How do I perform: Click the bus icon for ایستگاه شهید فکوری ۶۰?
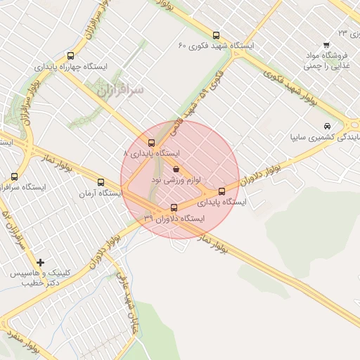(215, 35)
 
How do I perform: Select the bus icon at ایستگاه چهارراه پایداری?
(70, 56)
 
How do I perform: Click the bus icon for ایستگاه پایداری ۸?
(152, 143)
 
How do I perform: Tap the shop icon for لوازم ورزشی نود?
(176, 169)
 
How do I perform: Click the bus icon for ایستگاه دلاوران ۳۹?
(174, 207)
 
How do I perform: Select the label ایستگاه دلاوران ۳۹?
(173, 219)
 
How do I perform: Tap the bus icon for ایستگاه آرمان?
(101, 181)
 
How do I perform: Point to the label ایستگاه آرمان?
(97, 193)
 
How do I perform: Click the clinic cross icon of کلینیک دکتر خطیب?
(40, 262)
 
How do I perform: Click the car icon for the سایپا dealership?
(326, 125)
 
